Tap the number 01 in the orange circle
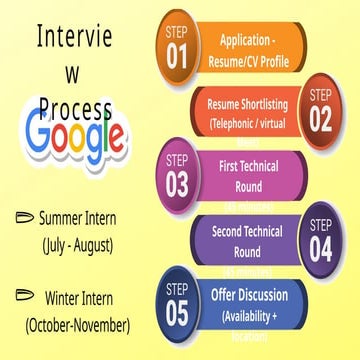[178, 57]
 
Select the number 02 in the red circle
[320, 119]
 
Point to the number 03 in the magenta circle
[178, 184]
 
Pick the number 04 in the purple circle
[320, 248]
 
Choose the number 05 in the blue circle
[177, 312]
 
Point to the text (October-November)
[78, 326]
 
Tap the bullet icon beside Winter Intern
[25, 297]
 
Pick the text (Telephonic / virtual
[254, 125]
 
